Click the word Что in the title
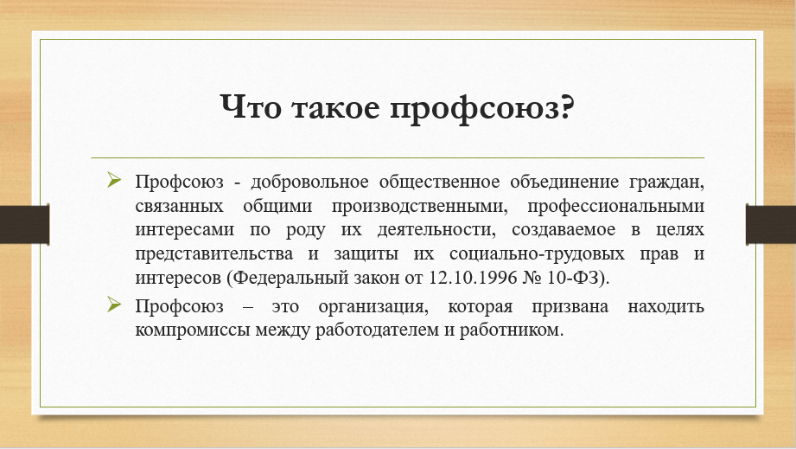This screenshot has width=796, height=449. (251, 107)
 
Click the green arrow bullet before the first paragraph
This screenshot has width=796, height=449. (114, 179)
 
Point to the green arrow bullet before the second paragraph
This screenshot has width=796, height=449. (114, 305)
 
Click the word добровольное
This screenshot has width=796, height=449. (309, 182)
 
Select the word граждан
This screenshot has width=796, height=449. (666, 183)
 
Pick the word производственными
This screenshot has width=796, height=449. (420, 206)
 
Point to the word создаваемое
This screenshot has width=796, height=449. (564, 230)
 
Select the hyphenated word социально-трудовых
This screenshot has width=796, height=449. (537, 254)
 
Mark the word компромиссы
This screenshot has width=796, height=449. (193, 330)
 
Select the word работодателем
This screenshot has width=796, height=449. (378, 330)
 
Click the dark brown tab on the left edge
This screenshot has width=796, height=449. (24, 224)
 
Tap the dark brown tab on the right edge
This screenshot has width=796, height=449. (771, 224)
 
